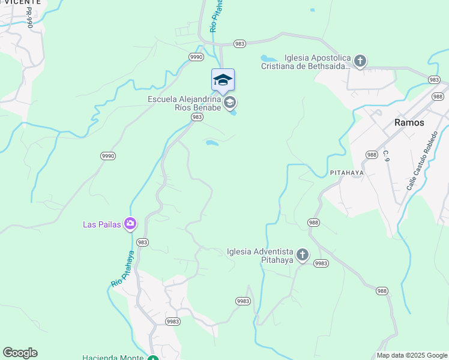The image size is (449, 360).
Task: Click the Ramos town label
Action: [x=409, y=122]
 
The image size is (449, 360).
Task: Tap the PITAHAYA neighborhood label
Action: [x=347, y=172]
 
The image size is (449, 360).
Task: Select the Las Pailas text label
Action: [x=101, y=225]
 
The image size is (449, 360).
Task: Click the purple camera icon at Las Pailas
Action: [x=130, y=224]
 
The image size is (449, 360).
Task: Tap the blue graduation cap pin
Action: [x=223, y=80]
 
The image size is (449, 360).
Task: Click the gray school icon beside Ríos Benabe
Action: [x=229, y=103]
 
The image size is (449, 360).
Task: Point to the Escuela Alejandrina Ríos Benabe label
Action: [x=185, y=104]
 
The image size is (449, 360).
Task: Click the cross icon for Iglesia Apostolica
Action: [x=360, y=61]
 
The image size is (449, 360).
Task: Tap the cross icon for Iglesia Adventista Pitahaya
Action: [x=303, y=256]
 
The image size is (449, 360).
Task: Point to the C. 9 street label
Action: [x=387, y=157]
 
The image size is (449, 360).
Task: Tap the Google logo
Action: [x=20, y=353]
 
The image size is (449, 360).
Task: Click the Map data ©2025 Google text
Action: [x=411, y=355]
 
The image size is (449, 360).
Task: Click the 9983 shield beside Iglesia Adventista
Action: [x=321, y=263]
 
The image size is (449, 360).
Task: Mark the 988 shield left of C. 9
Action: [x=372, y=155]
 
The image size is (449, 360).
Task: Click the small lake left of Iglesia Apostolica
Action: [x=268, y=59]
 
